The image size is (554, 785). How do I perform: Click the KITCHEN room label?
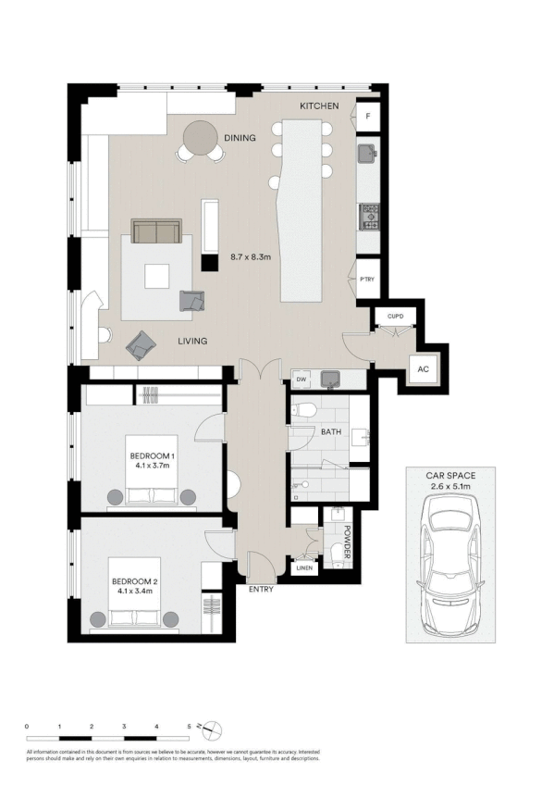tap(319, 107)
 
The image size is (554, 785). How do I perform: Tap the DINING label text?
tap(240, 138)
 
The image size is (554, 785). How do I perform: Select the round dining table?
tap(199, 140)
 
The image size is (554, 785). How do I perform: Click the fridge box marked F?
tap(368, 117)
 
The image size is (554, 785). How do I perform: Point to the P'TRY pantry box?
tap(367, 280)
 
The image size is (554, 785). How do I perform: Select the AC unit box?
tap(424, 368)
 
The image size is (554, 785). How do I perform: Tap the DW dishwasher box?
tap(301, 379)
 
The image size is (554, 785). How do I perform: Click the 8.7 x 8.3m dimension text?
tap(250, 258)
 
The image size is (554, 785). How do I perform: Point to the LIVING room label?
tap(192, 342)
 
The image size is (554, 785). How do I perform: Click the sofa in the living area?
tap(156, 231)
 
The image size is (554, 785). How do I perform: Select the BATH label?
tap(331, 432)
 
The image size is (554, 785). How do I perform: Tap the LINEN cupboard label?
tap(303, 568)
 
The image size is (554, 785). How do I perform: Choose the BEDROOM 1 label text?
tap(152, 457)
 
